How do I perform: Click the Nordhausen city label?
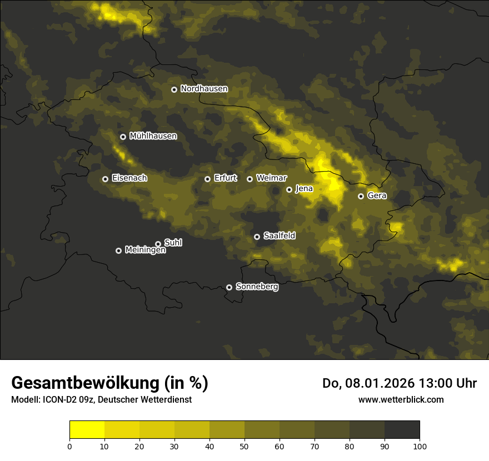click(x=204, y=89)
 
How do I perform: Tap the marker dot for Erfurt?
click(x=208, y=179)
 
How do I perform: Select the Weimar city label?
click(x=272, y=178)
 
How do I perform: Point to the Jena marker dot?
click(x=289, y=189)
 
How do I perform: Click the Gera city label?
click(x=377, y=196)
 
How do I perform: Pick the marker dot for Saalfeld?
click(x=257, y=237)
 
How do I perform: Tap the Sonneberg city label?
click(x=257, y=287)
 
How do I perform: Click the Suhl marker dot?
click(x=158, y=243)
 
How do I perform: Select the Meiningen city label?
click(x=145, y=250)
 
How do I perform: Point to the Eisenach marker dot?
click(x=105, y=179)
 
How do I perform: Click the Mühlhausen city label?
click(x=153, y=136)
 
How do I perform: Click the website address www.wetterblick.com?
click(x=401, y=399)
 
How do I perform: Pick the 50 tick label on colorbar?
click(x=244, y=446)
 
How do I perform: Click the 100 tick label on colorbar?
click(x=420, y=446)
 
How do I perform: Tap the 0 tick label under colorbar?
click(x=69, y=446)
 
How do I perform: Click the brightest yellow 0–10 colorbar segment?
click(x=87, y=430)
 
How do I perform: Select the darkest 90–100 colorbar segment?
click(x=402, y=430)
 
